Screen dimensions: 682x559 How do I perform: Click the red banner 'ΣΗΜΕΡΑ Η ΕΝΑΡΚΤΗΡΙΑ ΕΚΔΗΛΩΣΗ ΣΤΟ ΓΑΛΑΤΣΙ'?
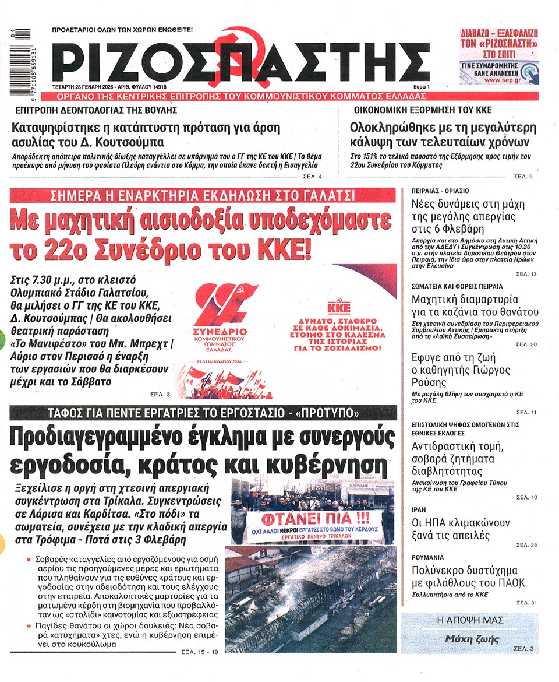click(202, 196)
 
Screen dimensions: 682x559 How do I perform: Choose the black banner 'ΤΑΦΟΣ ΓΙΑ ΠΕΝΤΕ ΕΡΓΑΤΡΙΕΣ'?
click(202, 414)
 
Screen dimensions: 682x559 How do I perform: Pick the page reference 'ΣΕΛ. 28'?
click(526, 544)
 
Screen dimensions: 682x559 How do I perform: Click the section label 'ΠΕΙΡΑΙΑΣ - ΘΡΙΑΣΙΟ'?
click(440, 191)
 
